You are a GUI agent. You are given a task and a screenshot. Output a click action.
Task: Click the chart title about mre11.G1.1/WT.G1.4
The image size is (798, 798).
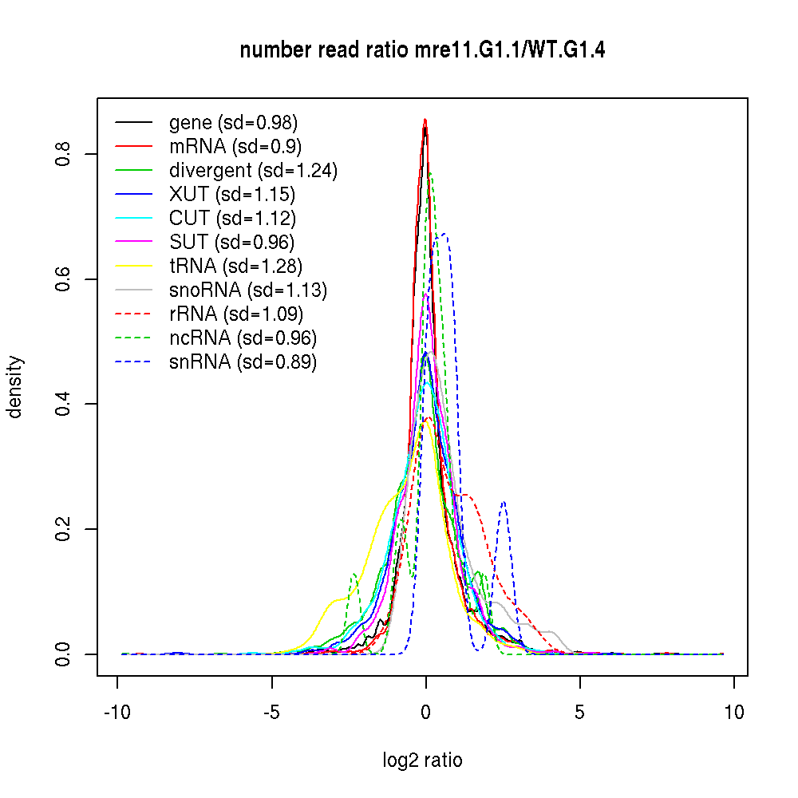[x=423, y=51]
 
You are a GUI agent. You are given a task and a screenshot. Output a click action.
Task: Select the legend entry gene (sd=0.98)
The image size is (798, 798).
[x=233, y=123]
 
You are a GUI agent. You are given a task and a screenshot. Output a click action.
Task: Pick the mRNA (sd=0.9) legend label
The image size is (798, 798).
[x=235, y=147]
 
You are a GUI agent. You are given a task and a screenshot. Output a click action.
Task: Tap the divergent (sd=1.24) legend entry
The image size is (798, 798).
[x=253, y=171]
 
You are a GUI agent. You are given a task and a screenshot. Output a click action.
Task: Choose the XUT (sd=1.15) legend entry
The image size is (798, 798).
[x=231, y=195]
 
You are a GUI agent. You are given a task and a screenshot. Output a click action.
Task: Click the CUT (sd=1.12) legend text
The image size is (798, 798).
[x=232, y=219]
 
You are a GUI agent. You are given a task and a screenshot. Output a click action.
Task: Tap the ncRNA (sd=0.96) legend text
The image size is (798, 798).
[x=243, y=338]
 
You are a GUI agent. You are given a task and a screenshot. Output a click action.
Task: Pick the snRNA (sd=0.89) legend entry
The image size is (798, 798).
[x=243, y=362]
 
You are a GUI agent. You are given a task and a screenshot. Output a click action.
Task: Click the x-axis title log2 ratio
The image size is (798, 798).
[x=423, y=760]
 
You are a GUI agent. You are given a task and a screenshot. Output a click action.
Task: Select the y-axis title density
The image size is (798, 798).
[x=15, y=387]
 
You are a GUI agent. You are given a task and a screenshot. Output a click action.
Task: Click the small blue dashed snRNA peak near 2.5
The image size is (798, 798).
[x=504, y=502]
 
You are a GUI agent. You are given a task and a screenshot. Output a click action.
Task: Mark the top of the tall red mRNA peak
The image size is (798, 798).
[x=425, y=120]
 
